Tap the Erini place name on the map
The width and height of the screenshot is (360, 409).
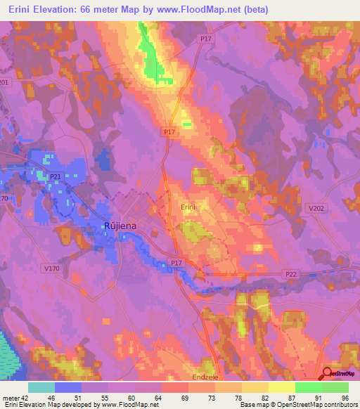(x=187, y=207)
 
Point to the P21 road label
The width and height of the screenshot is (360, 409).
(x=56, y=176)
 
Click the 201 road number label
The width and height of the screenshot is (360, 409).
(x=4, y=82)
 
